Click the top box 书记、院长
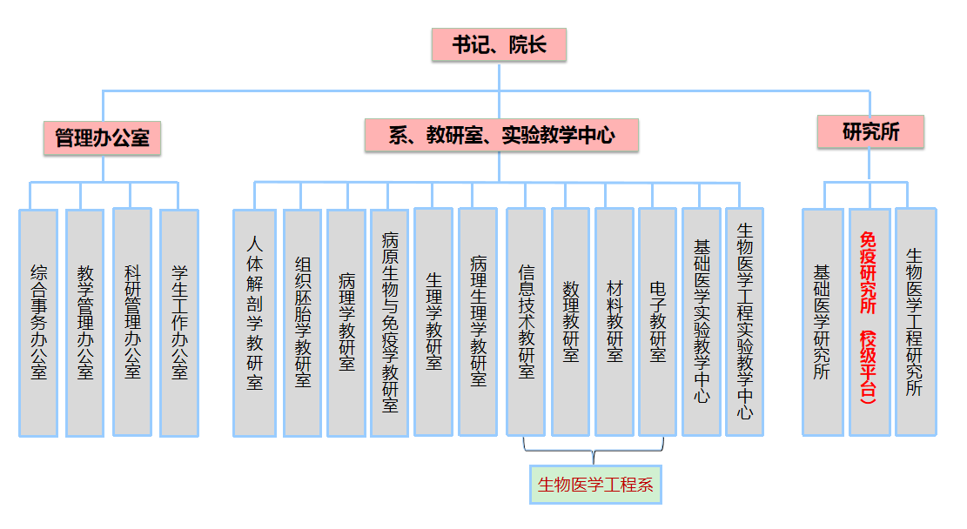coord(499,45)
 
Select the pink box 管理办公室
coord(102,137)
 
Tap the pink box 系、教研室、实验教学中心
coord(501,135)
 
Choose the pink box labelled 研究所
coord(870,132)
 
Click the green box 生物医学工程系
coord(595,485)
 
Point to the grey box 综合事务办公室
coord(38,323)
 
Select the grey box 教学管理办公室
coord(85,323)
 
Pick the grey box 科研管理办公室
coord(132,321)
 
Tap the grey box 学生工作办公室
coord(179,323)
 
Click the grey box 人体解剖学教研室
coord(254,323)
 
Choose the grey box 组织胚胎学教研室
coord(303,323)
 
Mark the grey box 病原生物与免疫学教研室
coord(390,323)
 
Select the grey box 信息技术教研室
coord(527,321)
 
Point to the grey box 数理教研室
coord(571,321)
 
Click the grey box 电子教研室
coord(658,321)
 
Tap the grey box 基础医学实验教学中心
coord(702,321)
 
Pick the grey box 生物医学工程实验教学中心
coord(745,321)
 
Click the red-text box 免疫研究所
coord(870,321)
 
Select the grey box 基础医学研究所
coord(823,321)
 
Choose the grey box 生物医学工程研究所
coord(916,321)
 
